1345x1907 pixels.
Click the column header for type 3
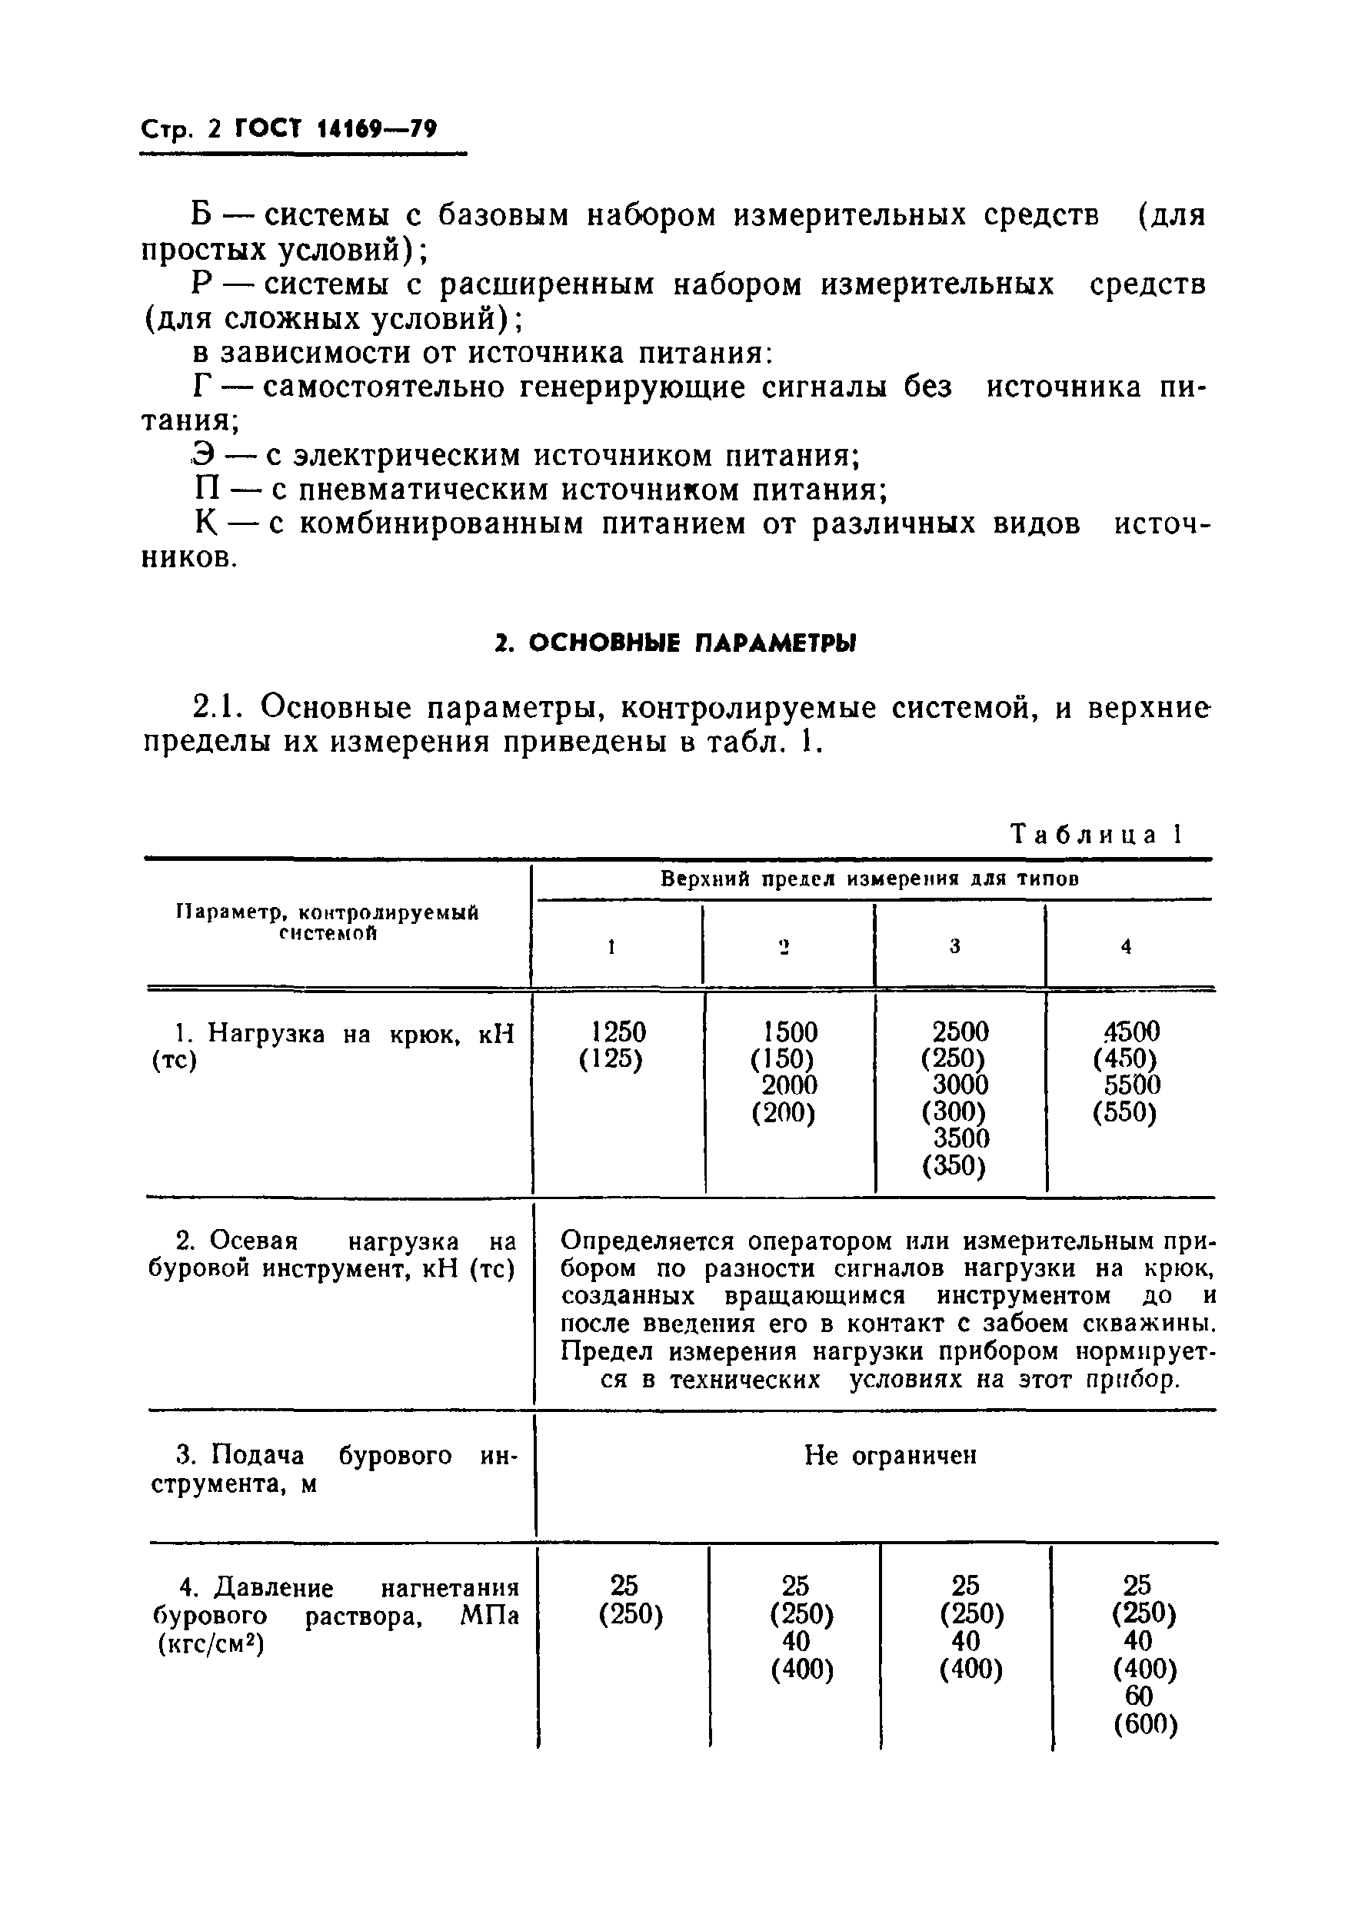[x=954, y=946]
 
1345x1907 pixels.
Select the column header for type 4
[x=1126, y=946]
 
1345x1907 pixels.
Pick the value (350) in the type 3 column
[x=954, y=1166]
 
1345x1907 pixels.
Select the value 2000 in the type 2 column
[x=789, y=1085]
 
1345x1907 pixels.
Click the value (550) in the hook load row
[x=1124, y=1113]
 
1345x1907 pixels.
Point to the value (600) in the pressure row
[x=1146, y=1726]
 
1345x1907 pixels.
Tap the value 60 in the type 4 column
[x=1138, y=1698]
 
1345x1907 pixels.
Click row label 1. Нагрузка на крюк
[x=332, y=1033]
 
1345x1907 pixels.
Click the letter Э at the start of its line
[x=202, y=456]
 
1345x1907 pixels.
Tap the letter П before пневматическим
[x=205, y=490]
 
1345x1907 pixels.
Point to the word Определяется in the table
[x=648, y=1241]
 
